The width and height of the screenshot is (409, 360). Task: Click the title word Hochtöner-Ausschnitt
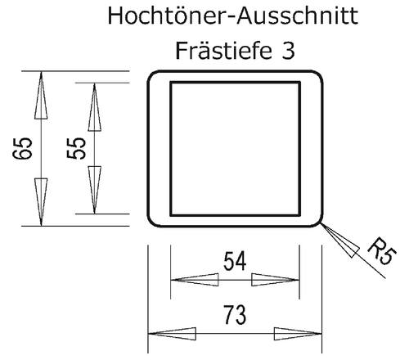coord(233,16)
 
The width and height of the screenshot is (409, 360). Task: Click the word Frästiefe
coord(223,51)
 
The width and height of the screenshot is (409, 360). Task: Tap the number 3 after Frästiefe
coord(288,52)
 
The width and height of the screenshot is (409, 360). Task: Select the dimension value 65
coord(22,148)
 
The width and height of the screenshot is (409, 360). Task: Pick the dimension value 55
coord(76,148)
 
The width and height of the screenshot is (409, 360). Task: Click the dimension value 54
coord(235,261)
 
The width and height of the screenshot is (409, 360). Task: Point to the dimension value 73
coord(235,315)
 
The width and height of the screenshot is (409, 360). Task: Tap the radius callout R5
coord(382,251)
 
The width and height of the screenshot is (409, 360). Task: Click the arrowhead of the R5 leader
coord(339,240)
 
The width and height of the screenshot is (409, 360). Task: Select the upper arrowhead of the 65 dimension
coord(41,95)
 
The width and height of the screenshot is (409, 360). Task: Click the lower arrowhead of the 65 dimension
coord(41,202)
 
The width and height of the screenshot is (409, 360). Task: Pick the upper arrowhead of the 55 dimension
coord(94,107)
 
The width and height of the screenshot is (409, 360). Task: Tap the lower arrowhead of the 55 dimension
coord(94,190)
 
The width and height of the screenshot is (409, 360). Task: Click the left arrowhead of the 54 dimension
coord(195,280)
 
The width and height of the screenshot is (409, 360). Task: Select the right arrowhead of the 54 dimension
coord(276,280)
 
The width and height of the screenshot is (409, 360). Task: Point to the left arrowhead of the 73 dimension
coord(172,334)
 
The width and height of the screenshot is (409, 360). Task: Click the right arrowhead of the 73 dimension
coord(298,334)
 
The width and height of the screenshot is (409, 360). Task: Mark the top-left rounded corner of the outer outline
coord(151,74)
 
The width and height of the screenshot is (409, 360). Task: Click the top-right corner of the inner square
coord(299,82)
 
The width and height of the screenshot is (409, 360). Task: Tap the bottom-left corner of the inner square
coord(171,215)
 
